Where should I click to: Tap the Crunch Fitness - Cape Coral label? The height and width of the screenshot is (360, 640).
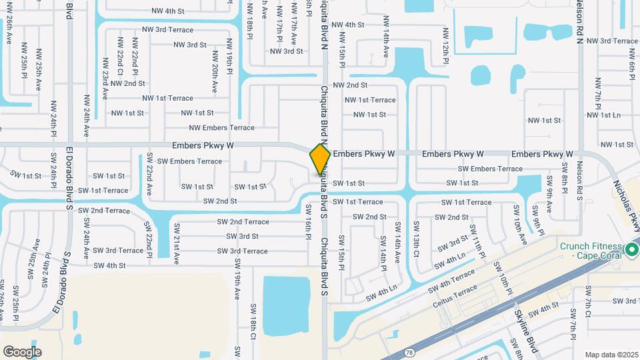tap(591, 251)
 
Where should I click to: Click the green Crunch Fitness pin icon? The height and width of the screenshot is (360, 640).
tap(632, 250)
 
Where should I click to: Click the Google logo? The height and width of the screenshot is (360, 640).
tap(22, 351)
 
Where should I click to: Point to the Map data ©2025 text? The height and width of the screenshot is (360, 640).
tap(611, 355)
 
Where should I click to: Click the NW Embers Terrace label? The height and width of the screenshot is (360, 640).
tap(221, 127)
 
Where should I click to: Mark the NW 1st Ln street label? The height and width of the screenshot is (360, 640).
tap(601, 115)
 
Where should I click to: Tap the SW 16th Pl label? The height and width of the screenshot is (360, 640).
tap(309, 218)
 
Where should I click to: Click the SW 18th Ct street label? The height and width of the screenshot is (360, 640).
tap(253, 321)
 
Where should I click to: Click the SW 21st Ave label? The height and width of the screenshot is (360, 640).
tap(177, 247)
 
